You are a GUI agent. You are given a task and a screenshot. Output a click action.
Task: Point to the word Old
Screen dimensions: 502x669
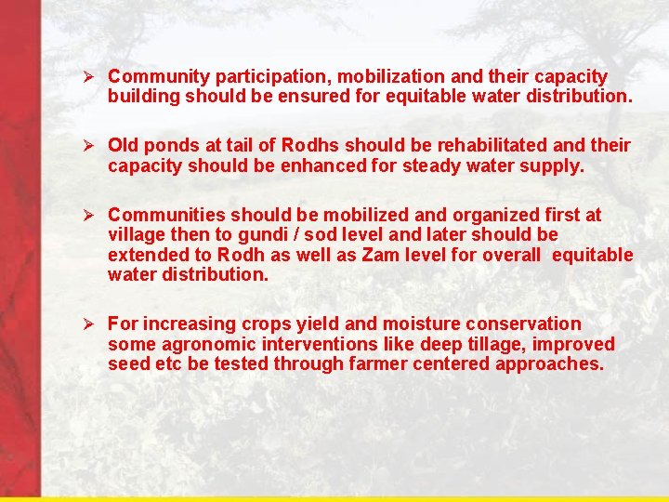click(x=124, y=146)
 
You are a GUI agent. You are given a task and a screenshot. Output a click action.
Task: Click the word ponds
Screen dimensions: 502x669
click(x=175, y=146)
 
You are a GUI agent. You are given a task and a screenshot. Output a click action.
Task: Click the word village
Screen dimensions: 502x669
click(x=136, y=234)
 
